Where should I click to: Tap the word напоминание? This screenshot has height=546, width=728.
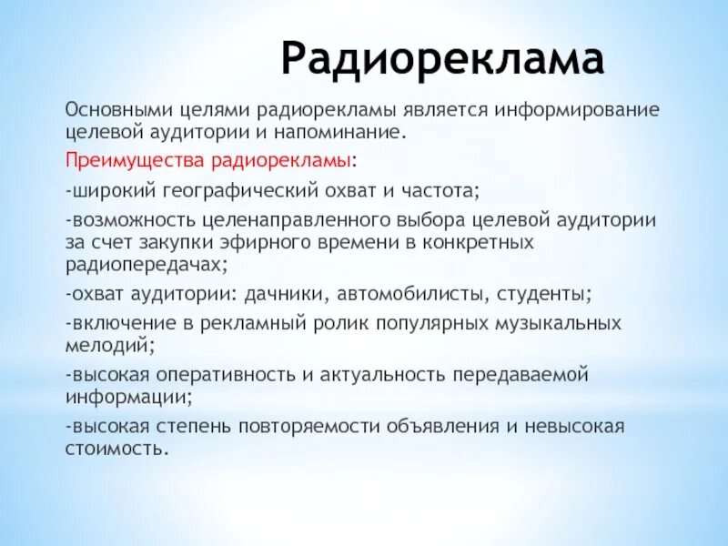click(x=345, y=134)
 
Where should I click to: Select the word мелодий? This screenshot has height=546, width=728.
click(x=108, y=345)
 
